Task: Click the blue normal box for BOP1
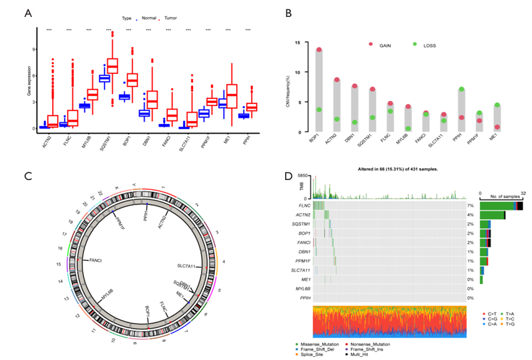[x=124, y=97]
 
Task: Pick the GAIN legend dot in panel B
[x=370, y=44]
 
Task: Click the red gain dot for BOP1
[x=319, y=50]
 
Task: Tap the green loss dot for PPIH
[x=461, y=90]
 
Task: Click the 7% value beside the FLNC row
[x=470, y=205]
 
